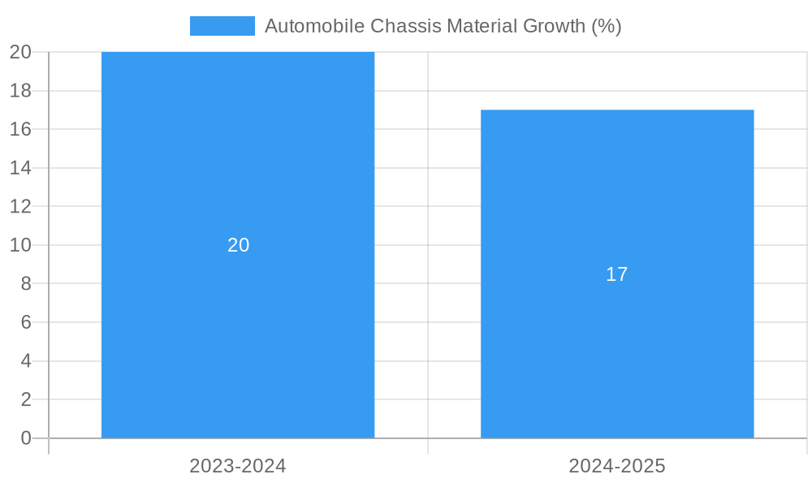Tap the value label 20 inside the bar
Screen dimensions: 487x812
[x=238, y=245]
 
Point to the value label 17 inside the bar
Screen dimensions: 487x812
[x=617, y=274]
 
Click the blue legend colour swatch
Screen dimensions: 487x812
[x=222, y=26]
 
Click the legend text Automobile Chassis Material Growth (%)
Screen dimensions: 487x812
[x=443, y=26]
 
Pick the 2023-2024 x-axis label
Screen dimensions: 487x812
[x=238, y=466]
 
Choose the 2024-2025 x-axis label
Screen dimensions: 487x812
[x=617, y=466]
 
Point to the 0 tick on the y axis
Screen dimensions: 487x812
[x=25, y=438]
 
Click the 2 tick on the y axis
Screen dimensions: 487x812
[x=25, y=399]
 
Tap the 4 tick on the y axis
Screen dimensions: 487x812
[x=25, y=360]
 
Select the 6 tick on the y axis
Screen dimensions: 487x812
[x=25, y=322]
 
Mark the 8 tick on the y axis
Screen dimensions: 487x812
[x=25, y=283]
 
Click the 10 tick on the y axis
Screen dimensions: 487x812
[x=20, y=245]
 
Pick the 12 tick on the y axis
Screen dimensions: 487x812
[x=20, y=206]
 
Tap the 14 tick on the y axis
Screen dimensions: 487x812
[x=20, y=168]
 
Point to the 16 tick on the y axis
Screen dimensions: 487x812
[x=20, y=129]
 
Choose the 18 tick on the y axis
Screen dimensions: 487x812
[x=20, y=90]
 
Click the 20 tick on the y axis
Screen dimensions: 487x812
[x=20, y=52]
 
